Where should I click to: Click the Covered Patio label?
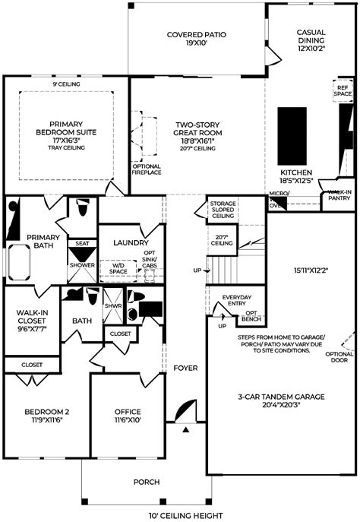[x=197, y=40]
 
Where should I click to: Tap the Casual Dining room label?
[x=311, y=37]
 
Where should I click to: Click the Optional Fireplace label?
[x=147, y=169]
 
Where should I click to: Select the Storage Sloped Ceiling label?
[x=223, y=209]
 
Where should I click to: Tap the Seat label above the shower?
[x=82, y=244]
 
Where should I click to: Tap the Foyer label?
[x=185, y=368]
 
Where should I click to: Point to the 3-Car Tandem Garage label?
[x=280, y=401]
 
